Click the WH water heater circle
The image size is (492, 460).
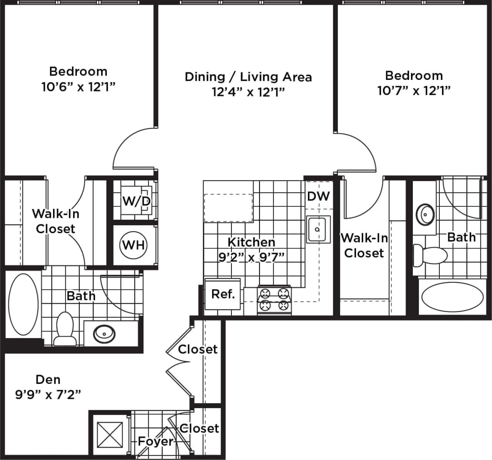[133, 245]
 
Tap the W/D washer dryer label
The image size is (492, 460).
[136, 201]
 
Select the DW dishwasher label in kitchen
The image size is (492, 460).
[318, 196]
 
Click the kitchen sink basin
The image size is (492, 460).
[318, 229]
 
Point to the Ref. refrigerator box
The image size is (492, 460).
[223, 294]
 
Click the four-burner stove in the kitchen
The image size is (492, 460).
[274, 300]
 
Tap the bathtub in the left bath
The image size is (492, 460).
[23, 304]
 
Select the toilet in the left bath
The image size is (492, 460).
[64, 329]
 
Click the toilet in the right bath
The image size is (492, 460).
[430, 254]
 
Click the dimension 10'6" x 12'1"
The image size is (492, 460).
[78, 87]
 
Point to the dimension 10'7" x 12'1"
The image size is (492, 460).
[414, 91]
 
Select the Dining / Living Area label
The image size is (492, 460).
[248, 77]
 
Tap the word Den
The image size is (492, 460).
[48, 379]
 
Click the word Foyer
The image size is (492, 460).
[156, 441]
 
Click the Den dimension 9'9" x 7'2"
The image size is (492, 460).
[48, 394]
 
